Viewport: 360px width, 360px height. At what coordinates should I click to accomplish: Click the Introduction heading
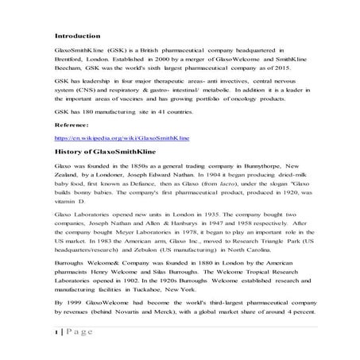click(x=77, y=36)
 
